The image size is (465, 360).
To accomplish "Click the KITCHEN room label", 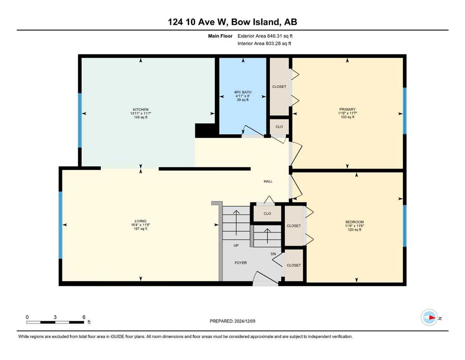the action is click(140, 110).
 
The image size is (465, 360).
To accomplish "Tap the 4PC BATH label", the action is click(243, 92).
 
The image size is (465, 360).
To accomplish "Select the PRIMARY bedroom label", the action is click(347, 109).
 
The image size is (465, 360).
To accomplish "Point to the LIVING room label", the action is click(140, 221).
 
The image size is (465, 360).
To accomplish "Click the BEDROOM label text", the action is click(354, 222).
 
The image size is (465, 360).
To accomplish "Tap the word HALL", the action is click(268, 181).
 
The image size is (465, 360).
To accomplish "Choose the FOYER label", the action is click(241, 262).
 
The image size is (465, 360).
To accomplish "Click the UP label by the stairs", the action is click(236, 246).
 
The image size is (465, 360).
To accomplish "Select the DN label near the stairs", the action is click(273, 254).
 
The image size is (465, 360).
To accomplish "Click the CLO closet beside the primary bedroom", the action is click(279, 127).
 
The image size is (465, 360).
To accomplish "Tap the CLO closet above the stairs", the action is click(267, 213).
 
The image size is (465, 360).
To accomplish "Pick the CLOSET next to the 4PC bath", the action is click(279, 87).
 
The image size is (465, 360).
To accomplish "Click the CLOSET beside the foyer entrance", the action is click(294, 265).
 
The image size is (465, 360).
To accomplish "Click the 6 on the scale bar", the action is click(84, 317).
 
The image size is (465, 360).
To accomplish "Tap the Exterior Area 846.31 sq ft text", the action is click(265, 36).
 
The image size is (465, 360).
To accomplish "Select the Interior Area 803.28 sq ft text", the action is click(264, 43).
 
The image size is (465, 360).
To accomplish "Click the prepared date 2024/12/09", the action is click(244, 321).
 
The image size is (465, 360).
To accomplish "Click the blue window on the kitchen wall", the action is click(80, 120).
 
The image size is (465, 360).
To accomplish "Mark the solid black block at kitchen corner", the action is click(205, 131).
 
